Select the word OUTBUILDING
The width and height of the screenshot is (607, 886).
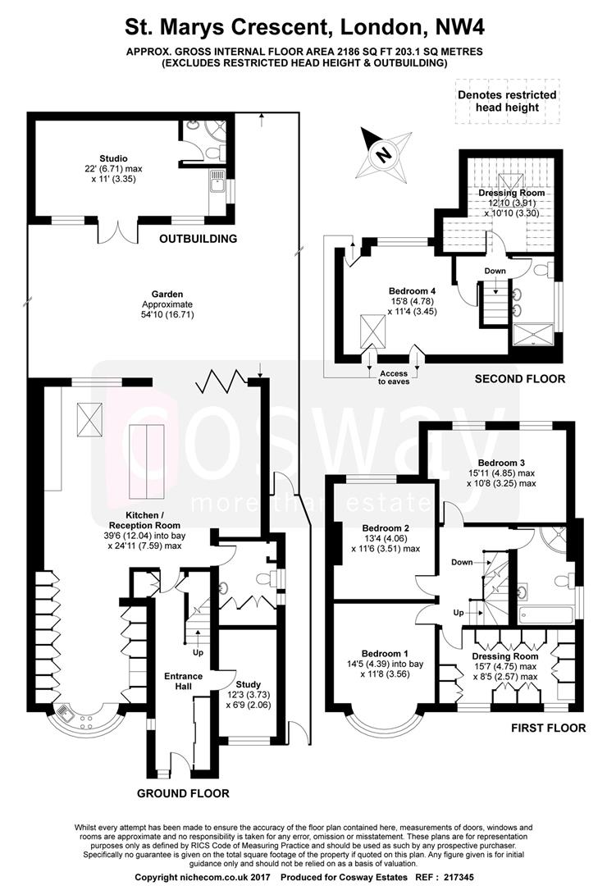(x=198, y=239)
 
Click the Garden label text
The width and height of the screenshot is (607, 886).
(x=149, y=294)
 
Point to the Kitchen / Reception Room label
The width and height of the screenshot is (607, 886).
(x=148, y=518)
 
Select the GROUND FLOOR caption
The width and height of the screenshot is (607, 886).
(x=182, y=793)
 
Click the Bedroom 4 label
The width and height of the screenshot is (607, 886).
(x=412, y=290)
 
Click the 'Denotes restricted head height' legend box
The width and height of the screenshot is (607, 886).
(x=506, y=101)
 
